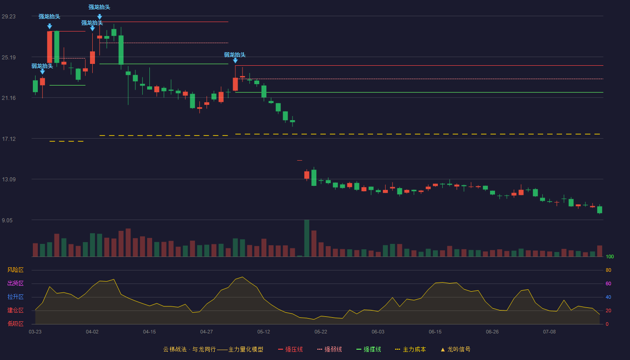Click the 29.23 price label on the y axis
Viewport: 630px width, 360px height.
(9, 16)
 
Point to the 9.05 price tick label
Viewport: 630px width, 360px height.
(7, 220)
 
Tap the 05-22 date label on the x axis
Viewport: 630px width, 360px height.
(320, 332)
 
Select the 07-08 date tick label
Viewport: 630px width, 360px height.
(549, 332)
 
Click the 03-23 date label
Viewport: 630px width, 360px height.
(35, 332)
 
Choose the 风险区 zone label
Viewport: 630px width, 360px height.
(15, 270)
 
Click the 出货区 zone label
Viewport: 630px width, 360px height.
(15, 283)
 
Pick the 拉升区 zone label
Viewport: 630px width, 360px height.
(15, 297)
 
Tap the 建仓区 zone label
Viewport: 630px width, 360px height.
(15, 310)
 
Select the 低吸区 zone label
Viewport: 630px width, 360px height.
(15, 324)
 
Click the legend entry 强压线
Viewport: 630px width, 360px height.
(291, 349)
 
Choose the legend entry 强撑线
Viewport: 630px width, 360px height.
(369, 349)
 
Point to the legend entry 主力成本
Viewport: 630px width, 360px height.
(410, 349)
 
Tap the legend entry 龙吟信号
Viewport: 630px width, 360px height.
(455, 349)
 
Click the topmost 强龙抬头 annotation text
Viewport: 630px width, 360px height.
(99, 7)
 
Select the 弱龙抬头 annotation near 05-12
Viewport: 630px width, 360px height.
(235, 55)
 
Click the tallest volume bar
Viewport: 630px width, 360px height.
(306, 238)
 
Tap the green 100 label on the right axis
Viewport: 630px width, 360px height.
(610, 256)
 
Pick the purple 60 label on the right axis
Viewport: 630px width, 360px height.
(608, 283)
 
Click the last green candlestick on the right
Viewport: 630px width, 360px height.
(599, 210)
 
